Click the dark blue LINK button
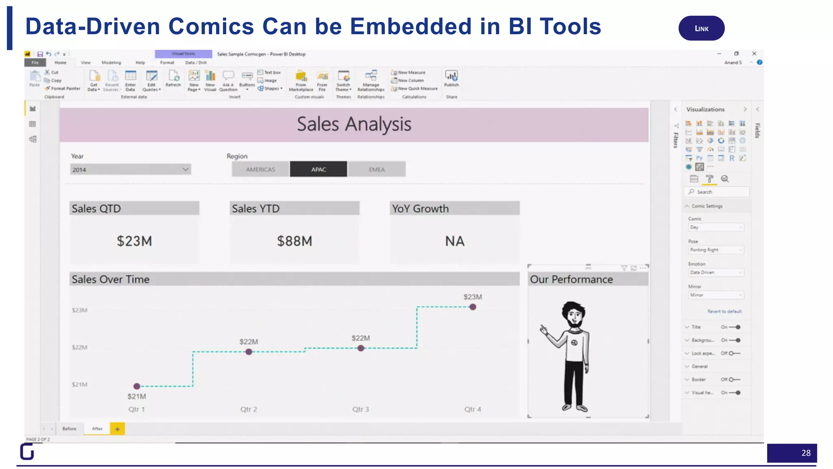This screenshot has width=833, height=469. click(701, 28)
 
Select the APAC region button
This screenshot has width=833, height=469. click(318, 169)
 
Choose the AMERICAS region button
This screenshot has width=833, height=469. click(260, 169)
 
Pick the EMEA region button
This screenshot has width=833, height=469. click(377, 169)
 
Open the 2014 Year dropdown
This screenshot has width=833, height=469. click(131, 169)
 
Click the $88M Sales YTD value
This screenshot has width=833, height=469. click(294, 241)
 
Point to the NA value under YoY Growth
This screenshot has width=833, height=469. click(454, 241)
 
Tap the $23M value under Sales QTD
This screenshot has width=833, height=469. click(134, 241)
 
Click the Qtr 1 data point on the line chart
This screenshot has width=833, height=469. click(137, 386)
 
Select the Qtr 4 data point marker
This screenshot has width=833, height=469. click(473, 307)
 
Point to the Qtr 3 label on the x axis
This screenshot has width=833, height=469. click(360, 409)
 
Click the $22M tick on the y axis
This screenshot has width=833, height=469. click(79, 347)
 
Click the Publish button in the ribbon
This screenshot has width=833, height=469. click(451, 78)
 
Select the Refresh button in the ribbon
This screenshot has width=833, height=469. click(173, 78)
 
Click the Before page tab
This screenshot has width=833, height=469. click(69, 429)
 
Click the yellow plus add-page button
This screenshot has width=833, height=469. click(117, 429)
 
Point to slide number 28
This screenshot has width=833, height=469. click(806, 453)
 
